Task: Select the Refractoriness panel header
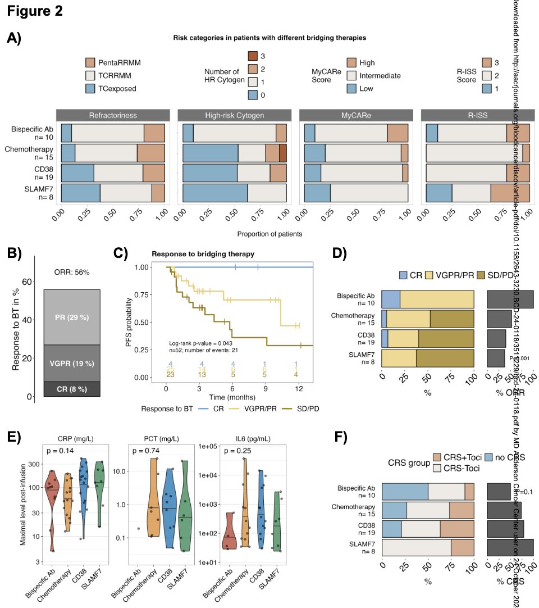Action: [113, 116]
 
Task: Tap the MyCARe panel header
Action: [356, 116]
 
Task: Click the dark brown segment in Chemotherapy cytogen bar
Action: [283, 153]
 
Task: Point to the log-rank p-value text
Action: [201, 343]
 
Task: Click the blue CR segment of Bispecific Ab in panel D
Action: [391, 300]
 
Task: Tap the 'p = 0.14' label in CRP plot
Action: [60, 451]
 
